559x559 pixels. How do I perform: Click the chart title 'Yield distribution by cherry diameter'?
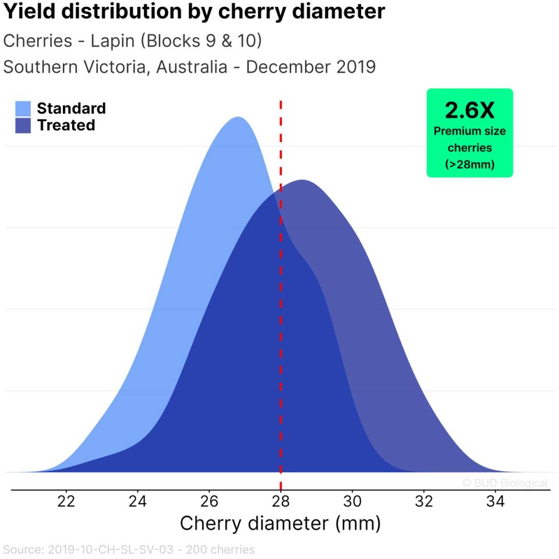click(194, 12)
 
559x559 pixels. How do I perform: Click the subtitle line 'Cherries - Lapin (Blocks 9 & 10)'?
click(132, 41)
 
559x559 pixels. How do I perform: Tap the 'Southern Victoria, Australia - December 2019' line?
click(189, 67)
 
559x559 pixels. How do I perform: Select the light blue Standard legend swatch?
click(23, 108)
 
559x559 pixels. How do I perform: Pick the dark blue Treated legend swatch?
click(23, 125)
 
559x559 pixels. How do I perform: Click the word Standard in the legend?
click(71, 108)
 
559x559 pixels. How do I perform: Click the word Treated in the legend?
click(66, 125)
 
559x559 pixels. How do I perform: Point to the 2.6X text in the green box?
click(469, 109)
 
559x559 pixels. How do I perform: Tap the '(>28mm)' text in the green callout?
click(469, 165)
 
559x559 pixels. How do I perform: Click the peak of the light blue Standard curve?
click(238, 118)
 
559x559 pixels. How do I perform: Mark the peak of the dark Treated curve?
click(302, 181)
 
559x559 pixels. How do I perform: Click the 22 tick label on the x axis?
click(66, 501)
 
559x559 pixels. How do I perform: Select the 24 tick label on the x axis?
click(138, 501)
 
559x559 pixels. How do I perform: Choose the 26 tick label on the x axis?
click(209, 501)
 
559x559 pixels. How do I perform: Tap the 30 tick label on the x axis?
click(352, 501)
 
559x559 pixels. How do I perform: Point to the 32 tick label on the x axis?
click(423, 501)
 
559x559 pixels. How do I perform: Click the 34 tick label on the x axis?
click(495, 501)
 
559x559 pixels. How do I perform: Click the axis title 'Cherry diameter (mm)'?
click(280, 523)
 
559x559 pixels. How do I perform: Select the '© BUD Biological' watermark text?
click(505, 483)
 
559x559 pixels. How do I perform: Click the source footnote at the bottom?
click(129, 550)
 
